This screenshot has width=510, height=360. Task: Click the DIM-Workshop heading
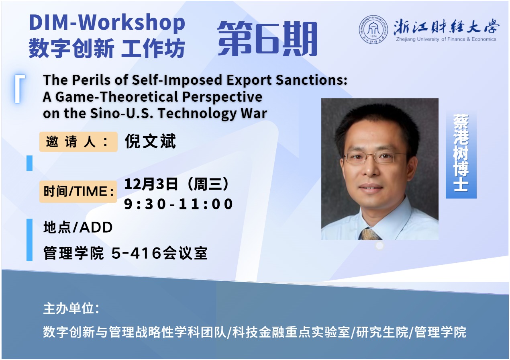(x=107, y=23)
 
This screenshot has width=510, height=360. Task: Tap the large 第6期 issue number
(x=267, y=39)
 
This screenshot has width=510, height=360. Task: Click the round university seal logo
(x=373, y=30)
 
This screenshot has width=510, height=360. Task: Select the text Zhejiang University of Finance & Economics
(x=446, y=39)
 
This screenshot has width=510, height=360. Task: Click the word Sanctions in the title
(x=312, y=80)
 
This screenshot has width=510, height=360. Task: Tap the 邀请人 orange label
(x=78, y=142)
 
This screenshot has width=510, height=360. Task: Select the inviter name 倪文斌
(x=150, y=141)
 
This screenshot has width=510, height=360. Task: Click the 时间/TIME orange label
(x=78, y=191)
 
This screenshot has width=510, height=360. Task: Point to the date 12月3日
(x=151, y=184)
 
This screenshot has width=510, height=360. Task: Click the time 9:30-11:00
(x=178, y=204)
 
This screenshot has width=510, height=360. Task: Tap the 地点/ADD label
(x=78, y=227)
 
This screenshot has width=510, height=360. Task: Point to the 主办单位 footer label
(x=71, y=309)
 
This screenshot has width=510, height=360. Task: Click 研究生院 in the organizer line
(x=382, y=332)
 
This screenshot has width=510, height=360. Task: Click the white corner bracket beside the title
(x=18, y=89)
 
